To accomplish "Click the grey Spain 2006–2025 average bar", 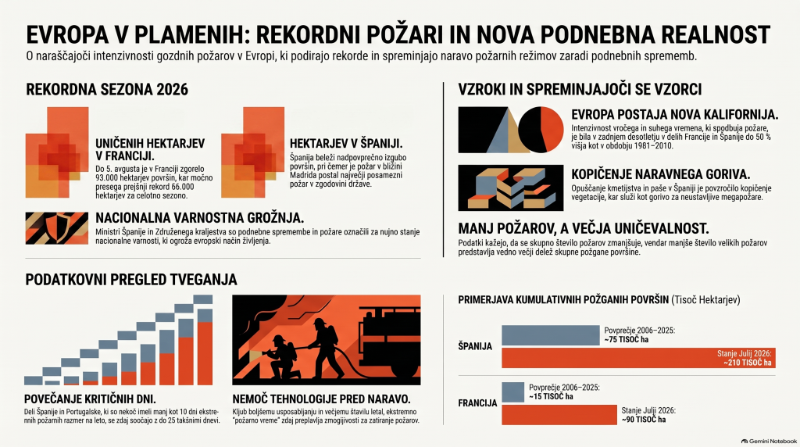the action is point(551,335).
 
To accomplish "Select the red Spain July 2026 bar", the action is point(638,358).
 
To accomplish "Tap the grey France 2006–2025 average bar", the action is point(512,392).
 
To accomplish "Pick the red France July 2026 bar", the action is point(559,415).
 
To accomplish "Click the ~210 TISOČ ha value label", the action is point(748,363).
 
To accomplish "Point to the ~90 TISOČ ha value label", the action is point(644,420).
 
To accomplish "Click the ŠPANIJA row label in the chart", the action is point(475,346).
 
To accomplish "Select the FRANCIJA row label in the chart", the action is point(477,403).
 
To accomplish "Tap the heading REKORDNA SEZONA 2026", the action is point(107,90).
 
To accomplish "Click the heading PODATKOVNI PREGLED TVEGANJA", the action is point(131,280).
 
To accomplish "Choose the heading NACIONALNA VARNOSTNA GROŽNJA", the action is point(199,218).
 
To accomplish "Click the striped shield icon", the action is point(56,228).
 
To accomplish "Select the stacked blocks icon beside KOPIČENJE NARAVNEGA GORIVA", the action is point(511,188).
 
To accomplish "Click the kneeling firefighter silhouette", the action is point(280,357).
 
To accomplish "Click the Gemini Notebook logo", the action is point(769,442).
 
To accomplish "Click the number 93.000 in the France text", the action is point(108,177).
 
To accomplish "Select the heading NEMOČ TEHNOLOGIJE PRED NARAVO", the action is point(321,399).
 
